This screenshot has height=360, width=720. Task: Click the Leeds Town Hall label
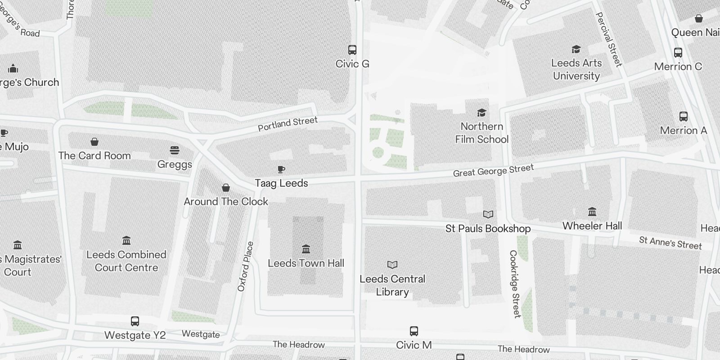pos(306,263)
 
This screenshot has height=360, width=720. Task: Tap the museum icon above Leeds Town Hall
pos(306,249)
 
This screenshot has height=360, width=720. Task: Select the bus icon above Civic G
pos(352,49)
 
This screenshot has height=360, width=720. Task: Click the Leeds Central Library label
pos(392,285)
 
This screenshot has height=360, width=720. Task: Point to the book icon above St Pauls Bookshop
pos(488,214)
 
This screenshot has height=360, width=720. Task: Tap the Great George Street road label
pos(493,171)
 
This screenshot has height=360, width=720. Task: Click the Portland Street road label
pos(288,123)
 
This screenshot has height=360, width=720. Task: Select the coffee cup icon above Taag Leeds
pos(281,169)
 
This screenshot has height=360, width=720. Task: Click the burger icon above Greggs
pos(175,150)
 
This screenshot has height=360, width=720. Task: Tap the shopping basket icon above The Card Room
pos(94,142)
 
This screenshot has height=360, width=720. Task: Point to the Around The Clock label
pos(226,202)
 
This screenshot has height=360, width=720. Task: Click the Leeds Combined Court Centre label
pos(126,261)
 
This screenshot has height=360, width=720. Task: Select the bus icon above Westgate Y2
pos(135,321)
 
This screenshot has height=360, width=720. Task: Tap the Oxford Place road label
pos(246,266)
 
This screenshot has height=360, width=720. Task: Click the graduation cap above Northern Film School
pos(481,112)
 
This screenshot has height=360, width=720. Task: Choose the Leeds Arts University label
pos(576,69)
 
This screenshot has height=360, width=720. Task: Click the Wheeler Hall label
pos(592,226)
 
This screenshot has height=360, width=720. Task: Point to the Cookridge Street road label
pos(515,284)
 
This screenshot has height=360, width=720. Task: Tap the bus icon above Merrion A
pos(684,117)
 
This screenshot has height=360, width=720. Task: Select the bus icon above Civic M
pos(414,331)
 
